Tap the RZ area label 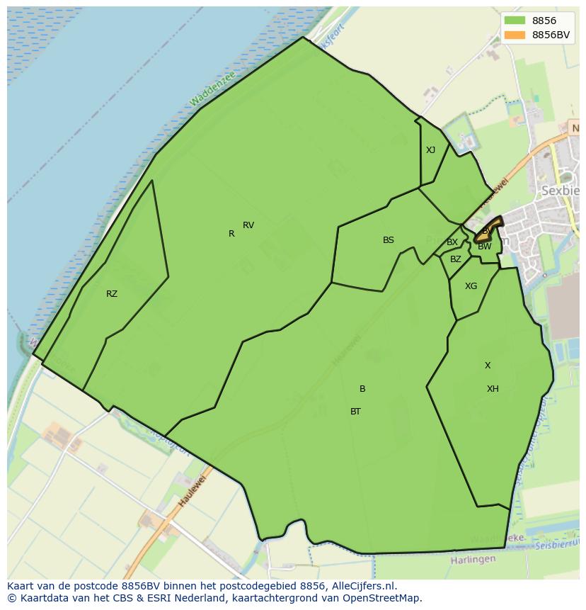pos(112,294)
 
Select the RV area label pos(248,225)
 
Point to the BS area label pos(389,240)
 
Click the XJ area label pos(431,150)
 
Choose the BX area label pos(452,242)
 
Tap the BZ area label pos(456,259)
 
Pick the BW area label pos(485,247)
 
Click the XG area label pos(471,286)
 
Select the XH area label pos(493,389)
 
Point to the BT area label pos(356,412)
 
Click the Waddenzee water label pos(212,89)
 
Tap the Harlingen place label pos(473,560)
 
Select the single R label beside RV pos(231,234)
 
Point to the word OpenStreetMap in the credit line pos(383,598)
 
